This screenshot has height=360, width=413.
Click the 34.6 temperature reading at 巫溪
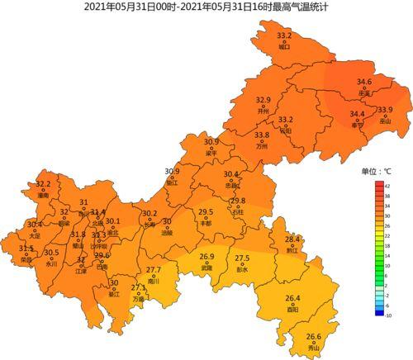point(363,82)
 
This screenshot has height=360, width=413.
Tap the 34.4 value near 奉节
point(357,114)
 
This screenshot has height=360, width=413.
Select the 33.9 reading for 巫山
point(385,110)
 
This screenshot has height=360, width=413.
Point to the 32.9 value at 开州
point(263,100)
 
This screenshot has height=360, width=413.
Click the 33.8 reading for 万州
point(262,135)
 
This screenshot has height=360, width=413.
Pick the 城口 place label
point(285,47)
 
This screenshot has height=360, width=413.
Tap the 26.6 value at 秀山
point(314,336)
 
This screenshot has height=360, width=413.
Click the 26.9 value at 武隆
point(206,257)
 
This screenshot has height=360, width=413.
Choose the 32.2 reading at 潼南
point(44,184)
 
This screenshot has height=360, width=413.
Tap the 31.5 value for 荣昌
point(26,248)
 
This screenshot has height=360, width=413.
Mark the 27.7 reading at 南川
point(154,270)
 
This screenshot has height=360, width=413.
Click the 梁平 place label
point(211,153)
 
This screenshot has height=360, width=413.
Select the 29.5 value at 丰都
point(206,212)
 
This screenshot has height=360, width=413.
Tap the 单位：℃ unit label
point(377,171)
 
